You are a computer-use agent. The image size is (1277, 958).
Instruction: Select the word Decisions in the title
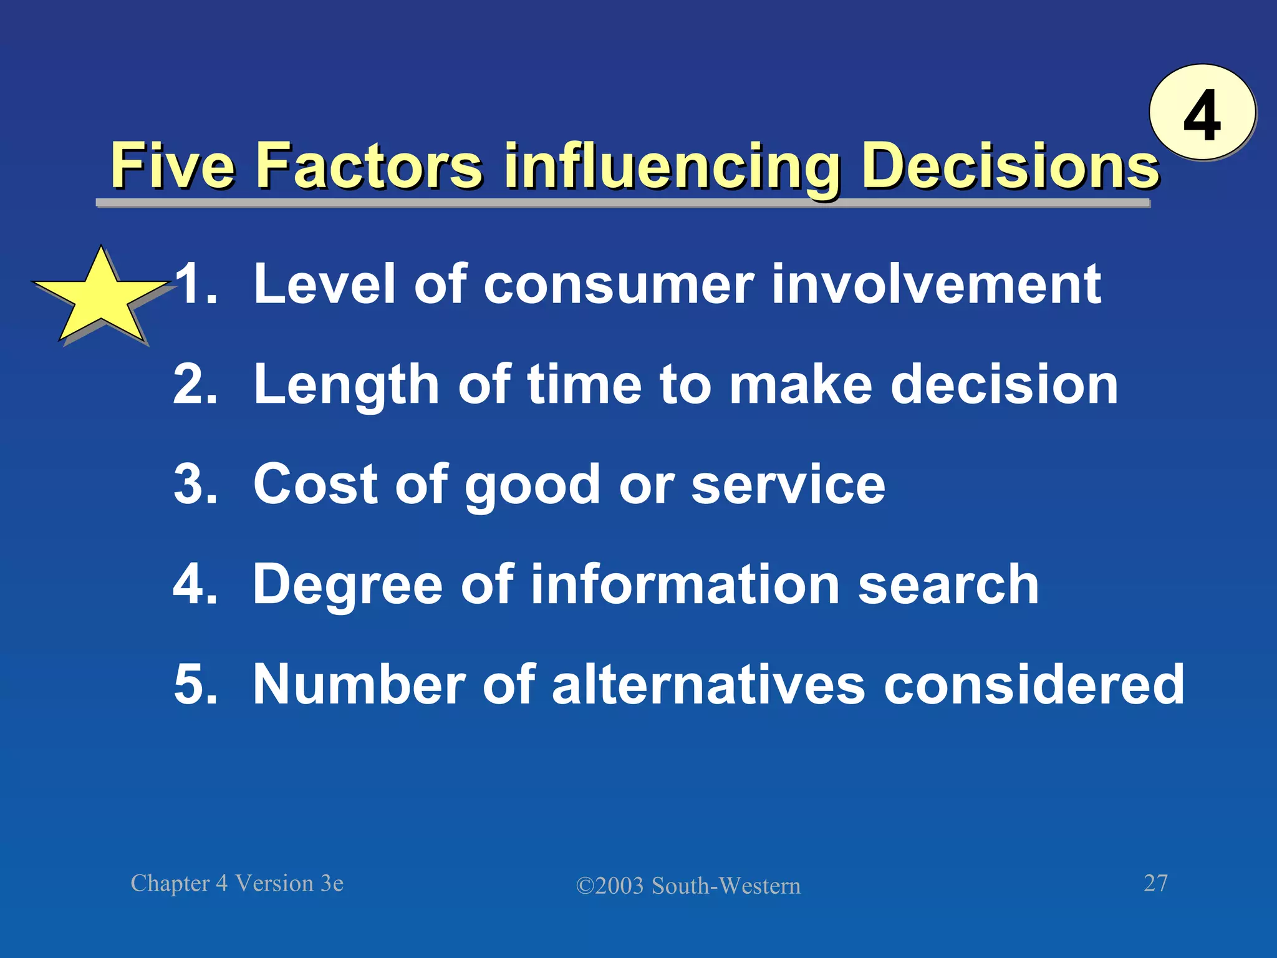click(x=1010, y=167)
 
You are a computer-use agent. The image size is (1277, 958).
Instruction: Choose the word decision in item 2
click(x=1004, y=384)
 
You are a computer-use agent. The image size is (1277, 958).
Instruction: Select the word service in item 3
click(x=788, y=485)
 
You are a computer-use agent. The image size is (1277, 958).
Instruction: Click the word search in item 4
click(x=948, y=584)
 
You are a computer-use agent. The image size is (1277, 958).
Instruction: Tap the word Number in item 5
click(x=359, y=684)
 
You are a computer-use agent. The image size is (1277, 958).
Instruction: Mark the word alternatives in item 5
click(x=708, y=684)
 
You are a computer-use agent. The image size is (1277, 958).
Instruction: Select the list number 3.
click(x=195, y=485)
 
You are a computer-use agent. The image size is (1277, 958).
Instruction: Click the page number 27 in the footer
click(x=1155, y=883)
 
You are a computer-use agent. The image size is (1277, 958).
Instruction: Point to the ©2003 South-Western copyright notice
click(x=688, y=886)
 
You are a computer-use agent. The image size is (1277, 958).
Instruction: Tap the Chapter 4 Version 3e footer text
click(x=237, y=883)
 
